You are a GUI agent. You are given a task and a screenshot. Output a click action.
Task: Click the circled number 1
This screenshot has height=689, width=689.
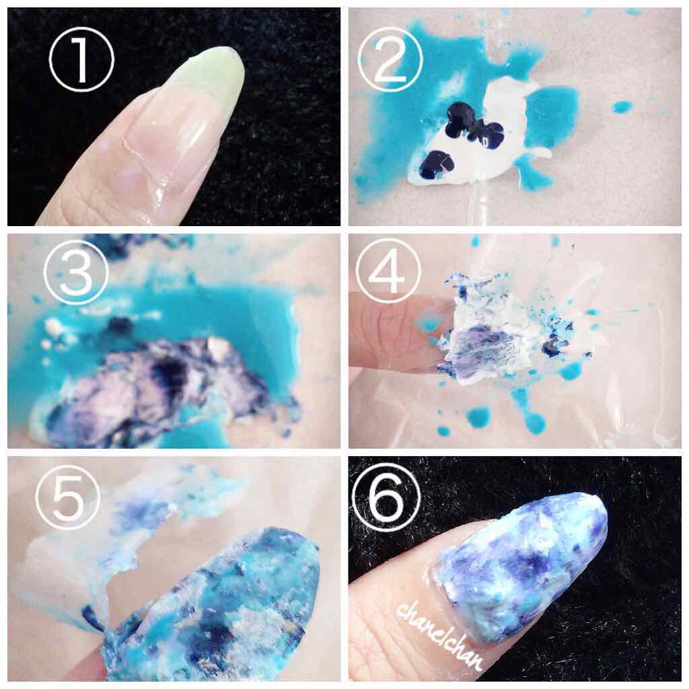(81, 59)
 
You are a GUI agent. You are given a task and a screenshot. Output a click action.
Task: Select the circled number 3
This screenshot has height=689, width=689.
(75, 273)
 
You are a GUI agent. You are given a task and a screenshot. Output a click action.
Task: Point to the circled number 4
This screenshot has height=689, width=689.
(388, 271)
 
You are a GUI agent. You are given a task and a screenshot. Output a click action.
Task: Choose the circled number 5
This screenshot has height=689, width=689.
(68, 497)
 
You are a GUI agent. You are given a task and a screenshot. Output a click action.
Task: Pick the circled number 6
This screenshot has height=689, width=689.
(387, 495)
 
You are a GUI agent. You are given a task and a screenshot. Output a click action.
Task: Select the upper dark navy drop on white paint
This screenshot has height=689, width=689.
(472, 123)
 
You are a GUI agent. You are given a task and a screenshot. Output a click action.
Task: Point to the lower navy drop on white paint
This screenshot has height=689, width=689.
(436, 164)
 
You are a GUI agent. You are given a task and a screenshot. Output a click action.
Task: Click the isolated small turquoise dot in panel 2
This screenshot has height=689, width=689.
(622, 106)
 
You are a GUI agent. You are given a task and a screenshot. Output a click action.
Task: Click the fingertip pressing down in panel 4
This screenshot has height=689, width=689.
(396, 334)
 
